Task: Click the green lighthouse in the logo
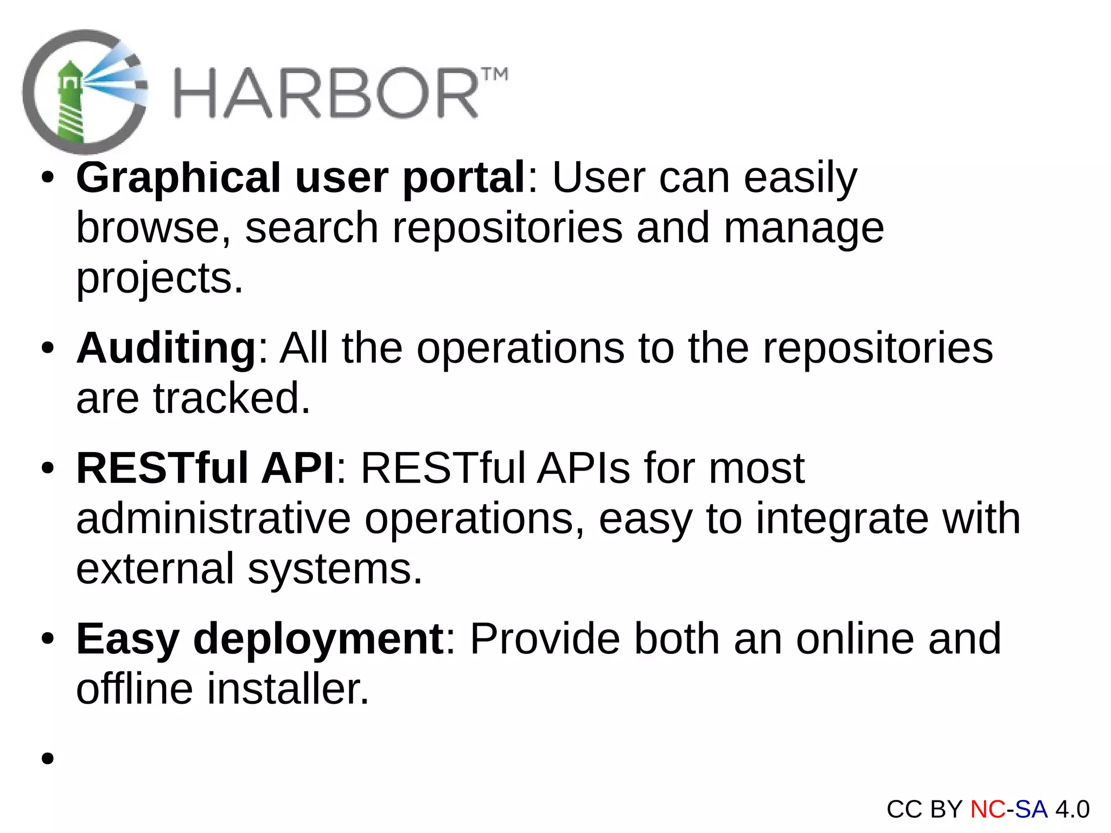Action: (70, 103)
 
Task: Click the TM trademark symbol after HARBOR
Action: (494, 75)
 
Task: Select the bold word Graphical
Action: (178, 178)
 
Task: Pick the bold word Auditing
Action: (166, 349)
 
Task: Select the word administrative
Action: (213, 519)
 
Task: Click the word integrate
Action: (842, 519)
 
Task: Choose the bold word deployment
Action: (318, 639)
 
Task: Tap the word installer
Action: (288, 689)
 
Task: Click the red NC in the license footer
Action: (987, 809)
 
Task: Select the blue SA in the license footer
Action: (1031, 809)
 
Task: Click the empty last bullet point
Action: (48, 758)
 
